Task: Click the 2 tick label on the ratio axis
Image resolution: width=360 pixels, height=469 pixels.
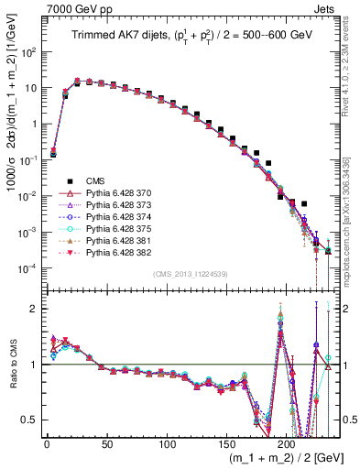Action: pos(33,309)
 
